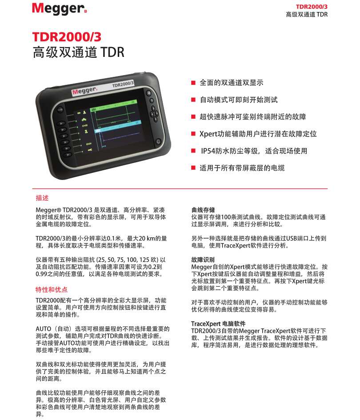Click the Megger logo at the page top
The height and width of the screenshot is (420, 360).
[x=59, y=8]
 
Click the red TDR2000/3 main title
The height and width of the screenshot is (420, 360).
[x=67, y=37]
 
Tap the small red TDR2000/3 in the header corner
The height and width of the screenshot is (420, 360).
[x=312, y=7]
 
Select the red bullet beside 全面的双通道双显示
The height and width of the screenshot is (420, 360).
[x=193, y=83]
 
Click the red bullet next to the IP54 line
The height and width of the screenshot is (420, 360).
[x=193, y=151]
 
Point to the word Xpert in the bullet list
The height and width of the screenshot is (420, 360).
[x=208, y=134]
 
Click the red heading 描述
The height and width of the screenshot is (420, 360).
[x=42, y=198]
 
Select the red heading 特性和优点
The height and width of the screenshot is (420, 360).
[x=52, y=289]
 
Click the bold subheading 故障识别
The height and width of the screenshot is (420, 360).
[x=203, y=260]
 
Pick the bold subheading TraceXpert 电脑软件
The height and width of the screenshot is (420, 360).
[x=218, y=324]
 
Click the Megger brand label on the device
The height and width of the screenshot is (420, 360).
[x=84, y=91]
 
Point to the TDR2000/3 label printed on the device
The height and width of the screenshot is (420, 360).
[x=123, y=84]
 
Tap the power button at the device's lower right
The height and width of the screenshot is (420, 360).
[x=158, y=141]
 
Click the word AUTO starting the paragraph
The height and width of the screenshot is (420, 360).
[x=44, y=329]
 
